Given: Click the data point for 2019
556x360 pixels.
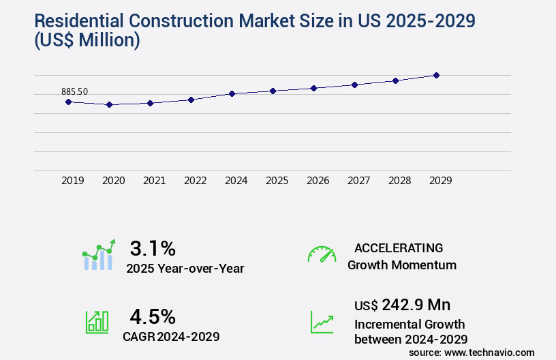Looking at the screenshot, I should [68, 102].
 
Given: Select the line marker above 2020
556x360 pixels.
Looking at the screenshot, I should [109, 105].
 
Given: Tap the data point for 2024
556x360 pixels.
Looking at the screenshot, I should [232, 93].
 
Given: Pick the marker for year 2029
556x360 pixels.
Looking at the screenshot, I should [436, 75].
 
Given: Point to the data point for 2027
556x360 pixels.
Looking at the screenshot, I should [354, 85].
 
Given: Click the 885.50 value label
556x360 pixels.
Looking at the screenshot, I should [74, 91].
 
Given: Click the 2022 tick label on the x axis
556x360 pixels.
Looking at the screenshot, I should [196, 181].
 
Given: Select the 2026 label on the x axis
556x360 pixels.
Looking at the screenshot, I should [318, 181].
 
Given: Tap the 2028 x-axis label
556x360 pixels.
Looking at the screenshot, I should [400, 181].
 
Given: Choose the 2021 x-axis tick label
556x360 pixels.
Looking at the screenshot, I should [155, 181].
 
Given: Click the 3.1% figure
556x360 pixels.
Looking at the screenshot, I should [153, 247].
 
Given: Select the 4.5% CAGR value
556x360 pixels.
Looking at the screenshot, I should [153, 316].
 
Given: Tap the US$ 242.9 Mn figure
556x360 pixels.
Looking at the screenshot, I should [402, 304].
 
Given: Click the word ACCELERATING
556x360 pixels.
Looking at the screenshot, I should [399, 248].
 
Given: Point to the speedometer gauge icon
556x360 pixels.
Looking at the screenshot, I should [322, 254].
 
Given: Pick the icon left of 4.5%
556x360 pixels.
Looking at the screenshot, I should [97, 322].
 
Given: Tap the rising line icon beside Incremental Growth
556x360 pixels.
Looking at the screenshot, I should [322, 322].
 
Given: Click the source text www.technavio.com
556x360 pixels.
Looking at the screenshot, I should [490, 352].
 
